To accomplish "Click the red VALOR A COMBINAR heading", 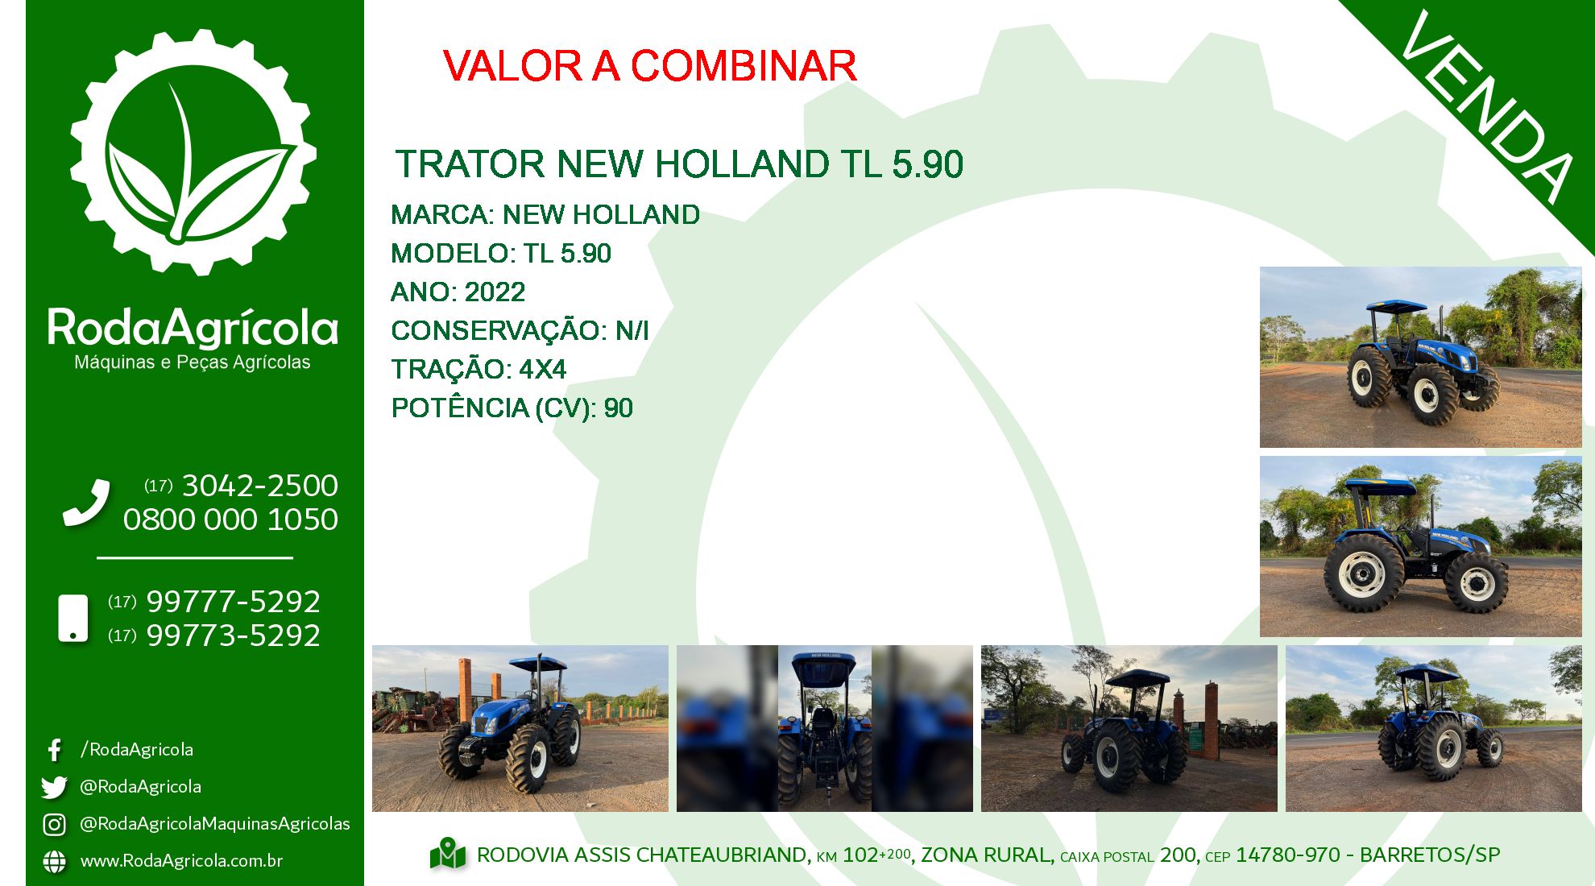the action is pyautogui.click(x=649, y=65).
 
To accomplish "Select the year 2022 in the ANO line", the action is pyautogui.click(x=495, y=292).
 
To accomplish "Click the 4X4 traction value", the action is pyautogui.click(x=543, y=369).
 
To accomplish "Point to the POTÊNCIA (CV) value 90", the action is pyautogui.click(x=619, y=408).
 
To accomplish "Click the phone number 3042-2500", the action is pyautogui.click(x=260, y=486).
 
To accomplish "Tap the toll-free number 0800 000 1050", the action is pyautogui.click(x=230, y=520).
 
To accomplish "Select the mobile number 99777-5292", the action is pyautogui.click(x=233, y=602).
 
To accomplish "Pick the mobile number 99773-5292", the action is pyautogui.click(x=233, y=636).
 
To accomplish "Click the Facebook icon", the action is pyautogui.click(x=55, y=750).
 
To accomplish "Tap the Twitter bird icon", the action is pyautogui.click(x=54, y=787).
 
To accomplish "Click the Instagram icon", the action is pyautogui.click(x=54, y=824).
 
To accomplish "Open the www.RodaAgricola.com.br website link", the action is pyautogui.click(x=181, y=860).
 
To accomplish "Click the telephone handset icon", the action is pyautogui.click(x=86, y=503).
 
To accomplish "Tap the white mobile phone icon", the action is pyautogui.click(x=73, y=619).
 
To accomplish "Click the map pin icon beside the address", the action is pyautogui.click(x=448, y=855).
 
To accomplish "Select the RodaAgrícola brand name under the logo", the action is pyautogui.click(x=193, y=329).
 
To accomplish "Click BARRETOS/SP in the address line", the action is pyautogui.click(x=1430, y=855).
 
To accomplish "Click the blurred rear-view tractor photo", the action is pyautogui.click(x=825, y=728).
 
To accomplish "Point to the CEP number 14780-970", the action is pyautogui.click(x=1288, y=855).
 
